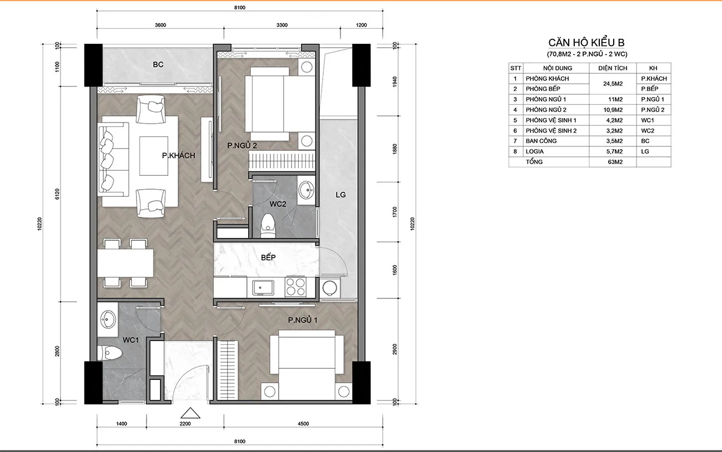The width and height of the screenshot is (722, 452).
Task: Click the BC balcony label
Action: tap(158, 65)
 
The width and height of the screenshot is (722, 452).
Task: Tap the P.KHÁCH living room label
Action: tap(179, 156)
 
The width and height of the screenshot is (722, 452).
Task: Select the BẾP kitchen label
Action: tap(268, 257)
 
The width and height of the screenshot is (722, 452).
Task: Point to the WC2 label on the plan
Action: tap(278, 204)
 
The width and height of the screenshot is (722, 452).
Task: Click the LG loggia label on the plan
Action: tap(340, 195)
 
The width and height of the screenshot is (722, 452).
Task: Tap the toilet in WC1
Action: tap(109, 353)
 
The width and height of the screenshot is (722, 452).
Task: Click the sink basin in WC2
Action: tap(306, 190)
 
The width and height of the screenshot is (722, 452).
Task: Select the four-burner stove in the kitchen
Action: tap(295, 287)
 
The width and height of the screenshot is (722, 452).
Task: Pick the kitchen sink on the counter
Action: tap(263, 287)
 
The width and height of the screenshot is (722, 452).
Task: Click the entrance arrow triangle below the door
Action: tap(190, 413)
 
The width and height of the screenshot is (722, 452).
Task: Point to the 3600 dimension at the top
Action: tap(160, 25)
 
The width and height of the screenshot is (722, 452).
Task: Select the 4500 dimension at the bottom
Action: tap(303, 424)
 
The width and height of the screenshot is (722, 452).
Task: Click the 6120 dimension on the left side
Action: tap(57, 194)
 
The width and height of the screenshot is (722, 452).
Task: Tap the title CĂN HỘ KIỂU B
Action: tap(586, 42)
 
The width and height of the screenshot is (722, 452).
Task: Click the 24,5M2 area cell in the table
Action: tap(613, 84)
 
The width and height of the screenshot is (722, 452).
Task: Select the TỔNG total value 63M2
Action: tap(615, 162)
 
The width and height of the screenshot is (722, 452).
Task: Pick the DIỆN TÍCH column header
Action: tap(613, 68)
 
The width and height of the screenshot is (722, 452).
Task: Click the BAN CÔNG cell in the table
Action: tap(541, 141)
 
